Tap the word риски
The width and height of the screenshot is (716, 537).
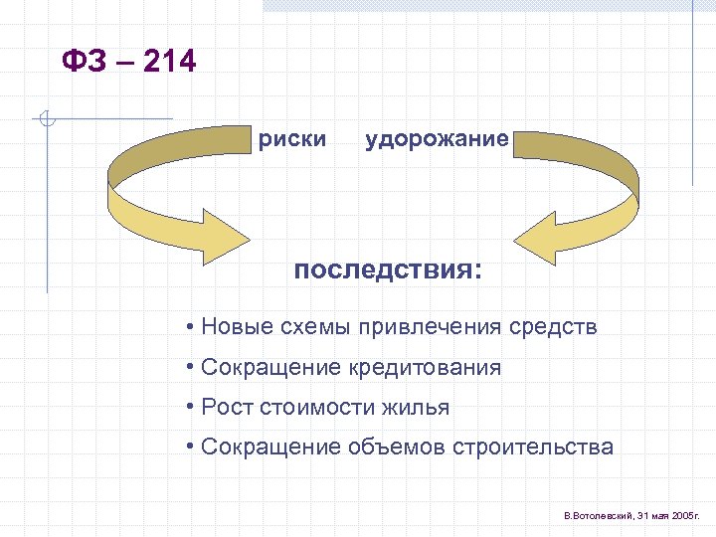click(291, 139)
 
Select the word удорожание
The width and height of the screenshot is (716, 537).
click(437, 139)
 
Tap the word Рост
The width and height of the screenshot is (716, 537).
click(226, 407)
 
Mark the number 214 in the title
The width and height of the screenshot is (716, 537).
click(170, 63)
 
